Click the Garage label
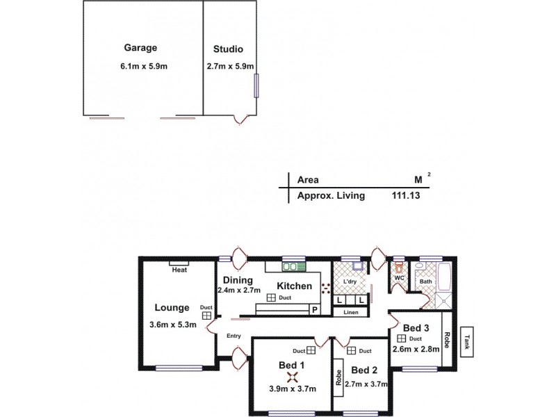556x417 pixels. click(140, 48)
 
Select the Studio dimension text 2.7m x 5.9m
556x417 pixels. click(230, 67)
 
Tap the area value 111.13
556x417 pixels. click(406, 196)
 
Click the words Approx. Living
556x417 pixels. click(331, 196)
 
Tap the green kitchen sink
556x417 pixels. click(295, 265)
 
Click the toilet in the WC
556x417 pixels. click(399, 266)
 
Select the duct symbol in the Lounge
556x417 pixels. click(206, 315)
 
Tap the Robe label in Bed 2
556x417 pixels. click(338, 376)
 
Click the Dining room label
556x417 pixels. click(234, 280)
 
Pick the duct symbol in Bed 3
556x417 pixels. click(401, 338)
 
